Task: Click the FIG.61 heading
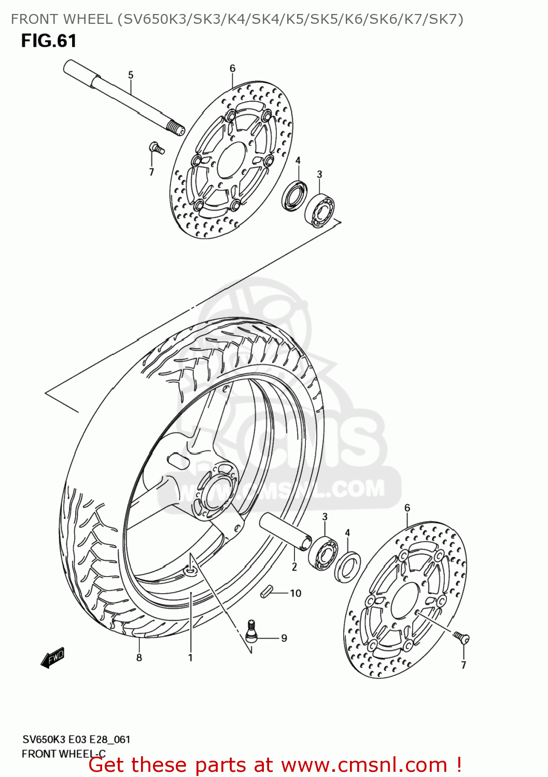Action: click(49, 41)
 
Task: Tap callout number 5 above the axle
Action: click(131, 75)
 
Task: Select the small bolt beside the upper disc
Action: click(157, 148)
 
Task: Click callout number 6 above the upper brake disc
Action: click(232, 68)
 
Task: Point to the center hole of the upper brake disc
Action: click(231, 160)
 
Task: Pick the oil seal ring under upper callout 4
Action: click(294, 195)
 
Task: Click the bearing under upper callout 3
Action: click(319, 210)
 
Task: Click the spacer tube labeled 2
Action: click(285, 530)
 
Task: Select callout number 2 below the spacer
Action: click(294, 567)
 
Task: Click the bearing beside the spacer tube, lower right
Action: click(324, 554)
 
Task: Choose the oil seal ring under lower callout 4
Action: click(347, 567)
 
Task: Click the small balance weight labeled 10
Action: click(267, 592)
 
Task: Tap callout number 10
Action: click(296, 593)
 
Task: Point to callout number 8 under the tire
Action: click(139, 657)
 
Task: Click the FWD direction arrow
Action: click(53, 658)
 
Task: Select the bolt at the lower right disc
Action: click(460, 637)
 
